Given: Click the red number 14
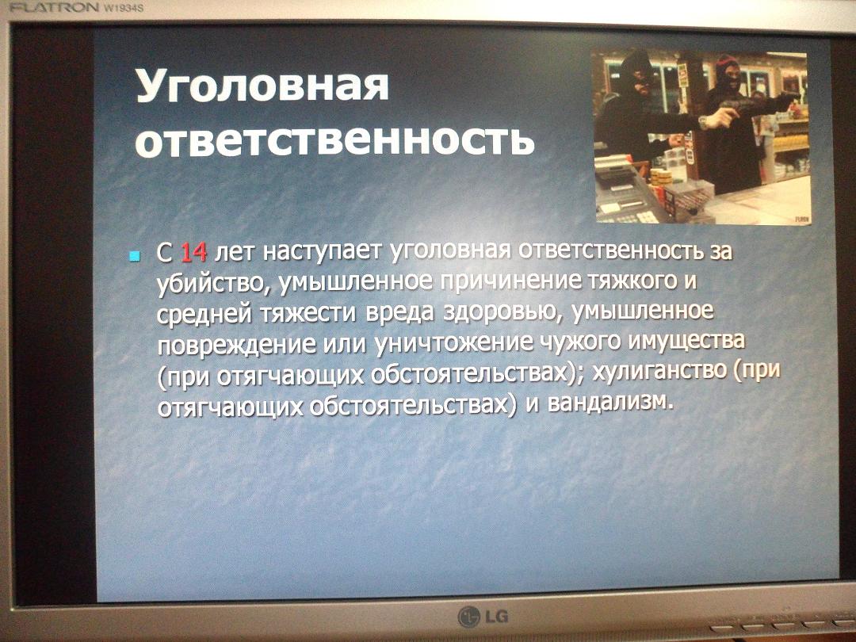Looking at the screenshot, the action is (x=193, y=252).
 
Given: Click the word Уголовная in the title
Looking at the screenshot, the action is (x=262, y=86).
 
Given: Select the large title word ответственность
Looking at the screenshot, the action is (x=334, y=139).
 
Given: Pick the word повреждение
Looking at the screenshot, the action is (x=236, y=345).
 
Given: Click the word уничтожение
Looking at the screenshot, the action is (x=453, y=343).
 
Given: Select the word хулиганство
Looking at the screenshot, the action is (x=659, y=371).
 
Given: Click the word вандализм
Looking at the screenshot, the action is (x=607, y=403).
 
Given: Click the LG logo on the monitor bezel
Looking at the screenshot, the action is (x=483, y=617).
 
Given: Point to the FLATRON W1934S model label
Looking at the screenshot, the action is (x=76, y=8).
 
